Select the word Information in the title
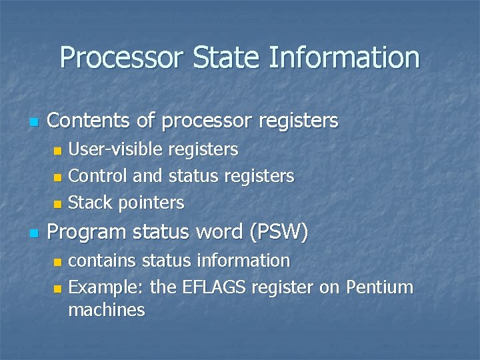pos(344,58)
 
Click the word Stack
pos(91,202)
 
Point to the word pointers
pos(151,203)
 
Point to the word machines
pos(107,310)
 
